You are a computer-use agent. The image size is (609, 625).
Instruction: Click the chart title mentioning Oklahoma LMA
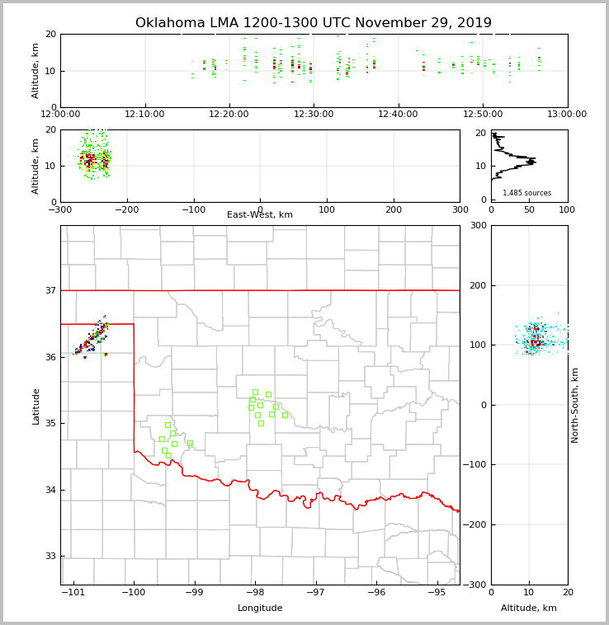[x=313, y=23]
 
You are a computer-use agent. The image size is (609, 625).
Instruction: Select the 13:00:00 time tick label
[x=567, y=114]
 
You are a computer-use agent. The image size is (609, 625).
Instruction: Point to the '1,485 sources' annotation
[x=526, y=193]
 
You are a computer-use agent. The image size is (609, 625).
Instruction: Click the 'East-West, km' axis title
[x=260, y=215]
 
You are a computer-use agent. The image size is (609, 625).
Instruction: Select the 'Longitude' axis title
[x=260, y=609]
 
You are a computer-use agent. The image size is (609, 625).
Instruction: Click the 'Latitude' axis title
[x=35, y=406]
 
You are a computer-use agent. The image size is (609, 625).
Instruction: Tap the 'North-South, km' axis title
[x=575, y=405]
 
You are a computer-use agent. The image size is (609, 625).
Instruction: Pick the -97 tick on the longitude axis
[x=315, y=592]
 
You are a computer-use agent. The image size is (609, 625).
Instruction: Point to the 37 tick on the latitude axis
[x=50, y=291]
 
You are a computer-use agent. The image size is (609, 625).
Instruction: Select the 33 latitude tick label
[x=50, y=557]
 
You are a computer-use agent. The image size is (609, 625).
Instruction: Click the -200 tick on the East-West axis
[x=125, y=210]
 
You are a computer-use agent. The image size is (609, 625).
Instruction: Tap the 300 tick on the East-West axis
[x=460, y=210]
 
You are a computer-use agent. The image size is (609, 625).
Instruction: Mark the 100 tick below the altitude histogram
[x=567, y=210]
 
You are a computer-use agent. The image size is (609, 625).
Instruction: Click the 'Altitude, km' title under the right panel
[x=529, y=609]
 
